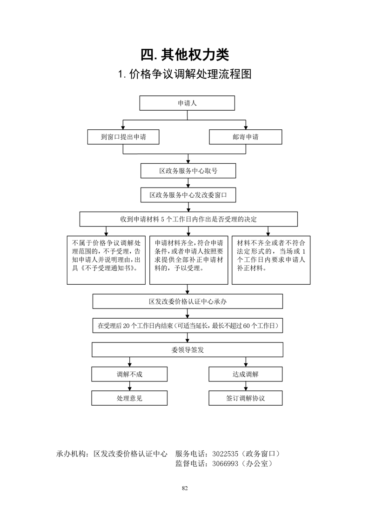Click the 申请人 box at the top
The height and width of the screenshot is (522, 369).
click(187, 103)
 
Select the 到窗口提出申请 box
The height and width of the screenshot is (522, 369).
click(123, 137)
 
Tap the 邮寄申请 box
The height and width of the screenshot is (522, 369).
click(245, 137)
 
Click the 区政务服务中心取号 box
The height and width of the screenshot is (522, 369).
click(188, 171)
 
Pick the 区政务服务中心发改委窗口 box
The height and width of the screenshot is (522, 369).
click(188, 195)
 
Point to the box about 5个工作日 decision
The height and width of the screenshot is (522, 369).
click(188, 219)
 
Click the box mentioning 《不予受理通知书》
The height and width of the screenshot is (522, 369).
click(106, 261)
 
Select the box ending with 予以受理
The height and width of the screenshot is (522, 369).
click(189, 261)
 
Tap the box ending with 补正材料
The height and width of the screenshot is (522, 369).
click(271, 261)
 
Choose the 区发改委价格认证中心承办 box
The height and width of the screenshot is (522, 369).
click(188, 301)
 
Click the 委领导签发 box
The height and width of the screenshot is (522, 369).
click(188, 350)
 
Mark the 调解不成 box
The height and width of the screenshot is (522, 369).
click(129, 374)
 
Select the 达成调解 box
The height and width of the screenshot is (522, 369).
click(245, 374)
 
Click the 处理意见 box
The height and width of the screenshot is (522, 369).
click(129, 398)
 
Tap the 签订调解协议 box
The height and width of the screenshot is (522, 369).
click(245, 398)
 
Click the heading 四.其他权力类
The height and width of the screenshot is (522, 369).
click(185, 54)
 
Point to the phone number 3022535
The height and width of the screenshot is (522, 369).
click(225, 454)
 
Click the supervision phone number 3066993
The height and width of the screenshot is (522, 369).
click(225, 463)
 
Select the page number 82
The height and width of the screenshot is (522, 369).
click(185, 489)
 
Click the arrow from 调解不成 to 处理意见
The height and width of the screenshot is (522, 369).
click(129, 386)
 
